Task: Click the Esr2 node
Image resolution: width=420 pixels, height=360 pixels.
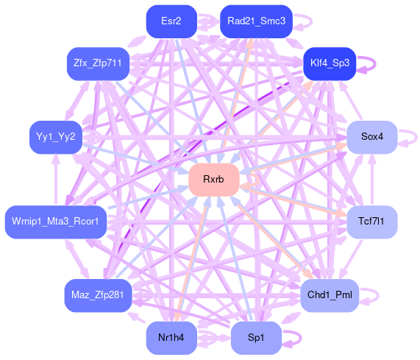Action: (171, 21)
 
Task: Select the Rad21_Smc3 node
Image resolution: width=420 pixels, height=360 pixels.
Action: (256, 21)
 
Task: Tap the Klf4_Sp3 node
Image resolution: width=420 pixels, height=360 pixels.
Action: (330, 63)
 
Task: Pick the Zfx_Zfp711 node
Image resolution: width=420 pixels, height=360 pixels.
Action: (98, 63)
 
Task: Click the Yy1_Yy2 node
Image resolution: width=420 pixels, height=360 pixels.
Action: (56, 137)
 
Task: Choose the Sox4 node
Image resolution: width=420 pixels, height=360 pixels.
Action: (371, 137)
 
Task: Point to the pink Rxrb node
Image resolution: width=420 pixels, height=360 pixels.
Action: (214, 180)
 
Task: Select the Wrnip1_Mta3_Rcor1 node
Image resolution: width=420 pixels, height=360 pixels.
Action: (56, 222)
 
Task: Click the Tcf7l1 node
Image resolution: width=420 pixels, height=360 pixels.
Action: (371, 222)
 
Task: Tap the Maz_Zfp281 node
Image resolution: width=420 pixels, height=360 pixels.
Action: (98, 295)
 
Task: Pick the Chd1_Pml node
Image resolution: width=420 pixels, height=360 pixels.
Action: (330, 295)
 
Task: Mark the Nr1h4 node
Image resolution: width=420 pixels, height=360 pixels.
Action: (171, 337)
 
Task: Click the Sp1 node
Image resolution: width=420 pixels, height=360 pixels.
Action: (256, 337)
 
